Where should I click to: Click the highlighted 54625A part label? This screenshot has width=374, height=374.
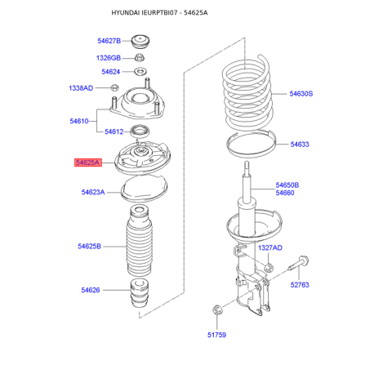(88, 163)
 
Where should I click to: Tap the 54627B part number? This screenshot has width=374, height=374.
(109, 41)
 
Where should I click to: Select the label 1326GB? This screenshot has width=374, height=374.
(109, 58)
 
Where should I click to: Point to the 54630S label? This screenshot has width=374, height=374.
(301, 94)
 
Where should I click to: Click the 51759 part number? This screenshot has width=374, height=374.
(216, 335)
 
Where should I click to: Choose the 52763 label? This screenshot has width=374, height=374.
(300, 285)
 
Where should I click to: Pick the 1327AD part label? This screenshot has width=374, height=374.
(270, 247)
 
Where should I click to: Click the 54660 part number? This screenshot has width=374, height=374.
(285, 193)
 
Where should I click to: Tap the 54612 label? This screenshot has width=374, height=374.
(114, 131)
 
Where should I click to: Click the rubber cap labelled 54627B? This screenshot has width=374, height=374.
(140, 42)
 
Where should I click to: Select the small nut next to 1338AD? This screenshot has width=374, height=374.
(114, 87)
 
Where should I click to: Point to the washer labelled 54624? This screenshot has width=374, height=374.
(140, 72)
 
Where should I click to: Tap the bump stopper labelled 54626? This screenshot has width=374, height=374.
(140, 293)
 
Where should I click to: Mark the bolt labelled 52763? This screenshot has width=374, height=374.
(298, 263)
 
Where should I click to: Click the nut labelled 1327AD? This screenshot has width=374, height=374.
(269, 268)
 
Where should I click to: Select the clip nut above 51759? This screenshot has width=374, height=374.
(217, 309)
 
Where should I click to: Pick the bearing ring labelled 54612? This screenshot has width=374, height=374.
(140, 131)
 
